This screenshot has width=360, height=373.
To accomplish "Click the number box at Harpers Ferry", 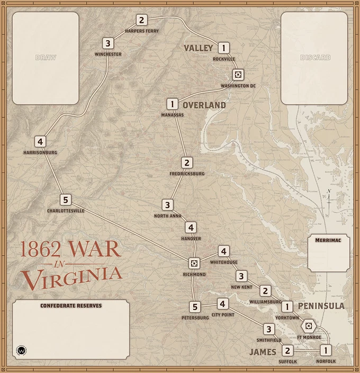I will (141, 21).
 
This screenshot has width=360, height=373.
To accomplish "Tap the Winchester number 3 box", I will (108, 43).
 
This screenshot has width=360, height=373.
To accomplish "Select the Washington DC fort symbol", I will (239, 74).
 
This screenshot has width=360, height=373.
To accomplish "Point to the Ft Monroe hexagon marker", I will (308, 325).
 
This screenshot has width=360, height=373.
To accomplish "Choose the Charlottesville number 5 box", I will (65, 200).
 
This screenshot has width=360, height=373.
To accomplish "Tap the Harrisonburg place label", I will (40, 152).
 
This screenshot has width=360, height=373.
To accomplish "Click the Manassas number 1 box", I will (172, 104).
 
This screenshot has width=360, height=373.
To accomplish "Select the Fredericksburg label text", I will (187, 174).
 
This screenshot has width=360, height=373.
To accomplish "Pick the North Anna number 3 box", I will (167, 205).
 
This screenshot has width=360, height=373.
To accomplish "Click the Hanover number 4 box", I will (191, 228).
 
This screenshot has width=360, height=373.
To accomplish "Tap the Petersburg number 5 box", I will (195, 307).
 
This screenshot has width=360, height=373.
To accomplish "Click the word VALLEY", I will (199, 48).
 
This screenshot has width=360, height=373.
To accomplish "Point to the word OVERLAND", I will (204, 105).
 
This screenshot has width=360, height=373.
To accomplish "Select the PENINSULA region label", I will (321, 306).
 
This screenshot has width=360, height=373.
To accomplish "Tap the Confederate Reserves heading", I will (71, 306).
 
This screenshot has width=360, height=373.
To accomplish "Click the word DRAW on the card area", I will (46, 57).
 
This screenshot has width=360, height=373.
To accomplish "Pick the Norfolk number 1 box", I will (326, 350).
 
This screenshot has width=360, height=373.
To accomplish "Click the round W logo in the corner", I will (22, 350).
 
